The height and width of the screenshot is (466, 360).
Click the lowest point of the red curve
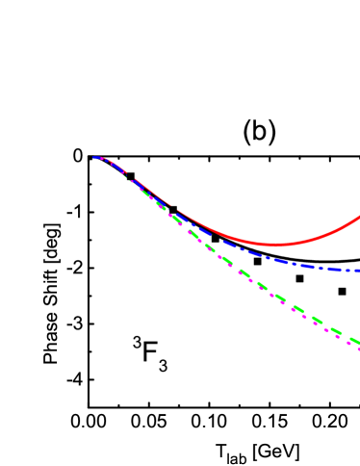(x=276, y=244)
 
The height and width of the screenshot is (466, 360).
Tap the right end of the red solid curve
(x=358, y=218)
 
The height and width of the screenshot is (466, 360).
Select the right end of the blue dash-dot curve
(x=358, y=271)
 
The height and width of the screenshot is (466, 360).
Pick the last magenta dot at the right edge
(x=358, y=348)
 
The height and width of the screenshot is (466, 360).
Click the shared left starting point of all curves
(x=94, y=157)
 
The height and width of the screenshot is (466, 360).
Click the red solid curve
(x=231, y=235)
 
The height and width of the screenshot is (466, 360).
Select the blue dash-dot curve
(x=289, y=263)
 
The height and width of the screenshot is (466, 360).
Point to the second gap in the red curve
(x=174, y=207)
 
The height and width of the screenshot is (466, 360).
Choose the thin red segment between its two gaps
(x=152, y=192)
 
